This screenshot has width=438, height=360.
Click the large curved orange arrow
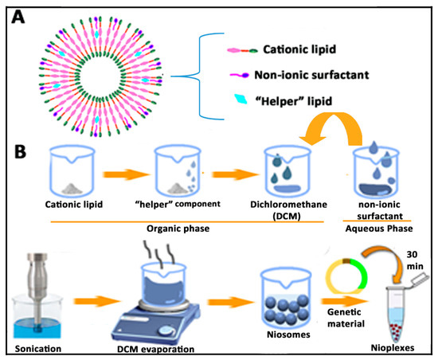click(x=342, y=131)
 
